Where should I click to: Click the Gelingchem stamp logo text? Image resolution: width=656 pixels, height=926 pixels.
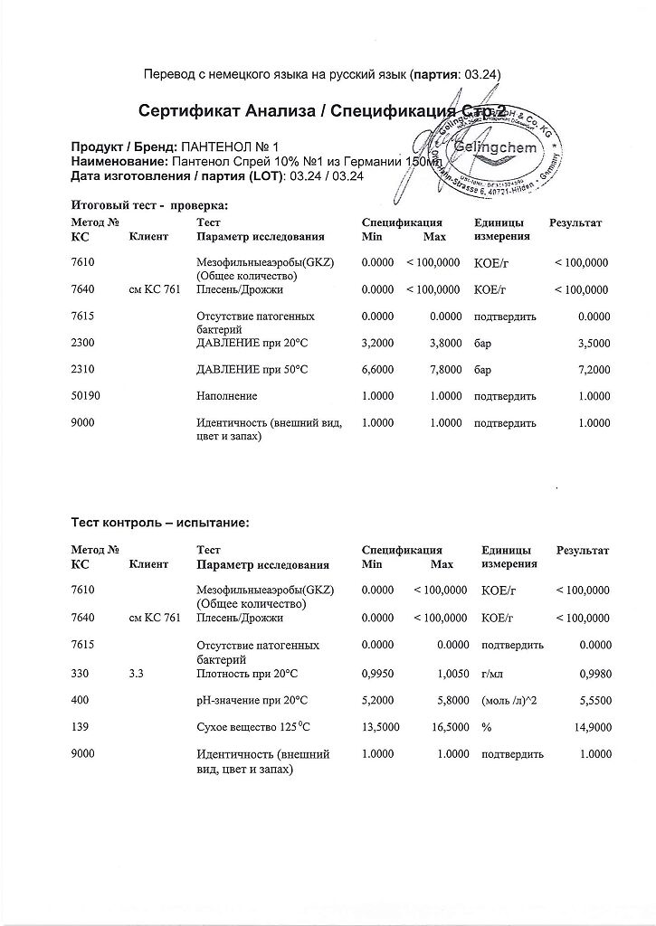[498, 147]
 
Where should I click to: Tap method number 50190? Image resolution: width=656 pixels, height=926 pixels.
[87, 396]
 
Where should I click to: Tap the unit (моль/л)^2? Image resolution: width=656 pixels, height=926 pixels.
[509, 700]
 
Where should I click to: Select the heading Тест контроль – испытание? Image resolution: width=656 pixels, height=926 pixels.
[160, 522]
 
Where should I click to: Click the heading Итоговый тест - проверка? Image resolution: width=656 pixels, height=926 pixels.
[149, 205]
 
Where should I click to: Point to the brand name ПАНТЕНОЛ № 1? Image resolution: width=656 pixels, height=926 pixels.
[234, 146]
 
